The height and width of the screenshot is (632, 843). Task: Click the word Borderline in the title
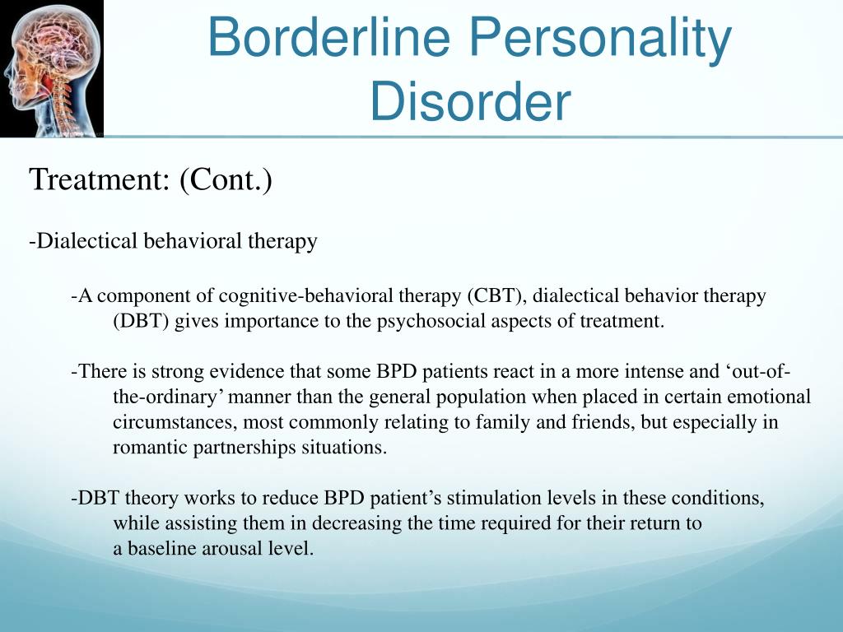[x=328, y=36]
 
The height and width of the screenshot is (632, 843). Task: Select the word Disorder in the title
[x=470, y=101]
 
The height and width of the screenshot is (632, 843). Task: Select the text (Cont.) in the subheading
[x=226, y=179]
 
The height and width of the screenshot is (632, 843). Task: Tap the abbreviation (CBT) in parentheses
[x=495, y=295]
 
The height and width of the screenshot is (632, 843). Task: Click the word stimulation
[x=494, y=498]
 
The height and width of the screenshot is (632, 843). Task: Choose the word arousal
[x=231, y=548]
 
